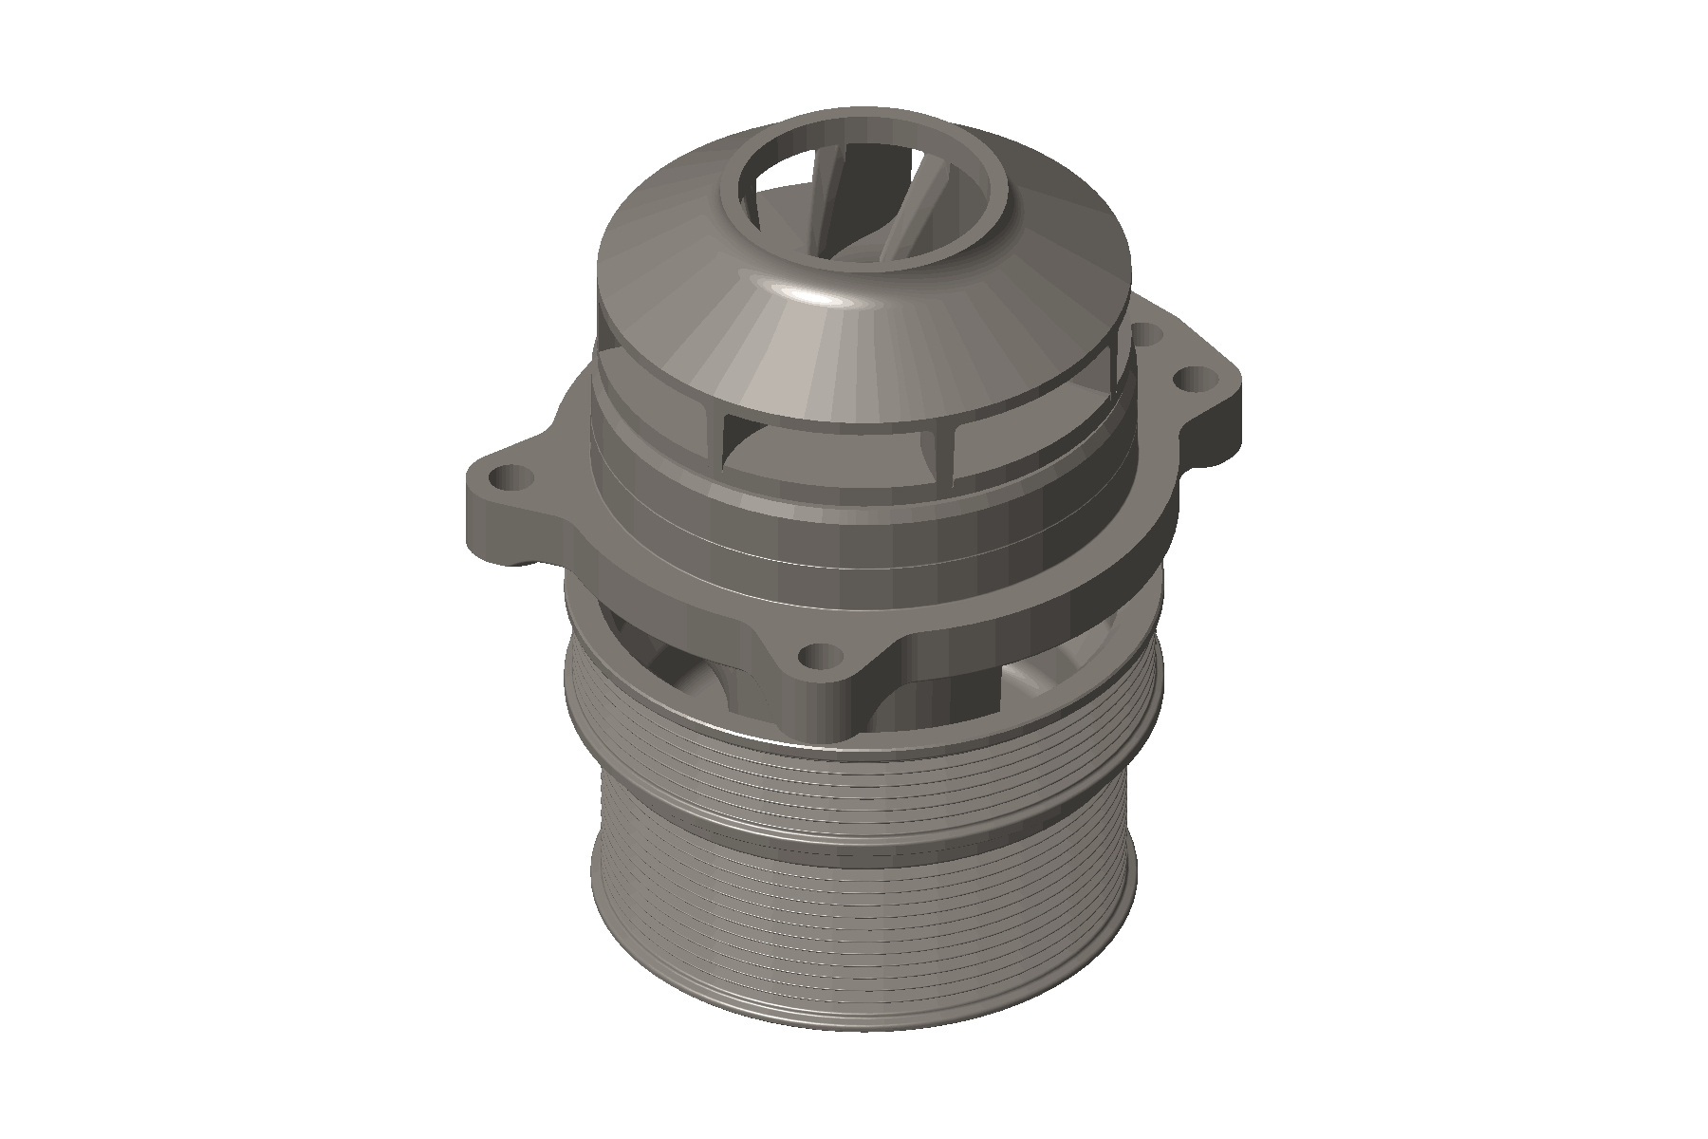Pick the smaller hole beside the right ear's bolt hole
coord(1147,334)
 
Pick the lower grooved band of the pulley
coord(854,911)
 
